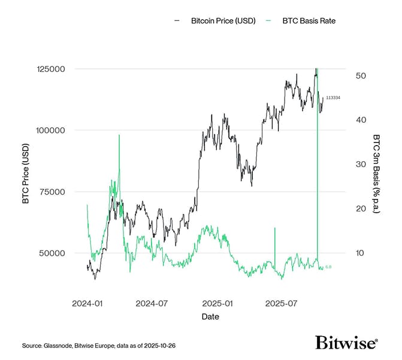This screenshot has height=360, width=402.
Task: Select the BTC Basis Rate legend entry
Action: pyautogui.click(x=309, y=21)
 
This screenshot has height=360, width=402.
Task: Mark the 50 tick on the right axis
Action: pyautogui.click(x=361, y=76)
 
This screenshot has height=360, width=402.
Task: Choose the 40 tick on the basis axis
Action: pyautogui.click(x=361, y=120)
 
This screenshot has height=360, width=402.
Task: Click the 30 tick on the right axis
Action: pyautogui.click(x=361, y=164)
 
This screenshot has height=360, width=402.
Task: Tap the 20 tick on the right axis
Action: pyautogui.click(x=361, y=208)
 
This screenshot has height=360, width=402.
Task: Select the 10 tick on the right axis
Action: pyautogui.click(x=360, y=253)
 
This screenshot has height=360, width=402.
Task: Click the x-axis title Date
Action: pyautogui.click(x=210, y=316)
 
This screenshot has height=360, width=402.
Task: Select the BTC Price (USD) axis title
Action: pyautogui.click(x=25, y=174)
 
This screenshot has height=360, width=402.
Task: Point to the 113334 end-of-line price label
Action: pyautogui.click(x=333, y=98)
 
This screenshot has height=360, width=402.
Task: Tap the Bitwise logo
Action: pyautogui.click(x=346, y=343)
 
